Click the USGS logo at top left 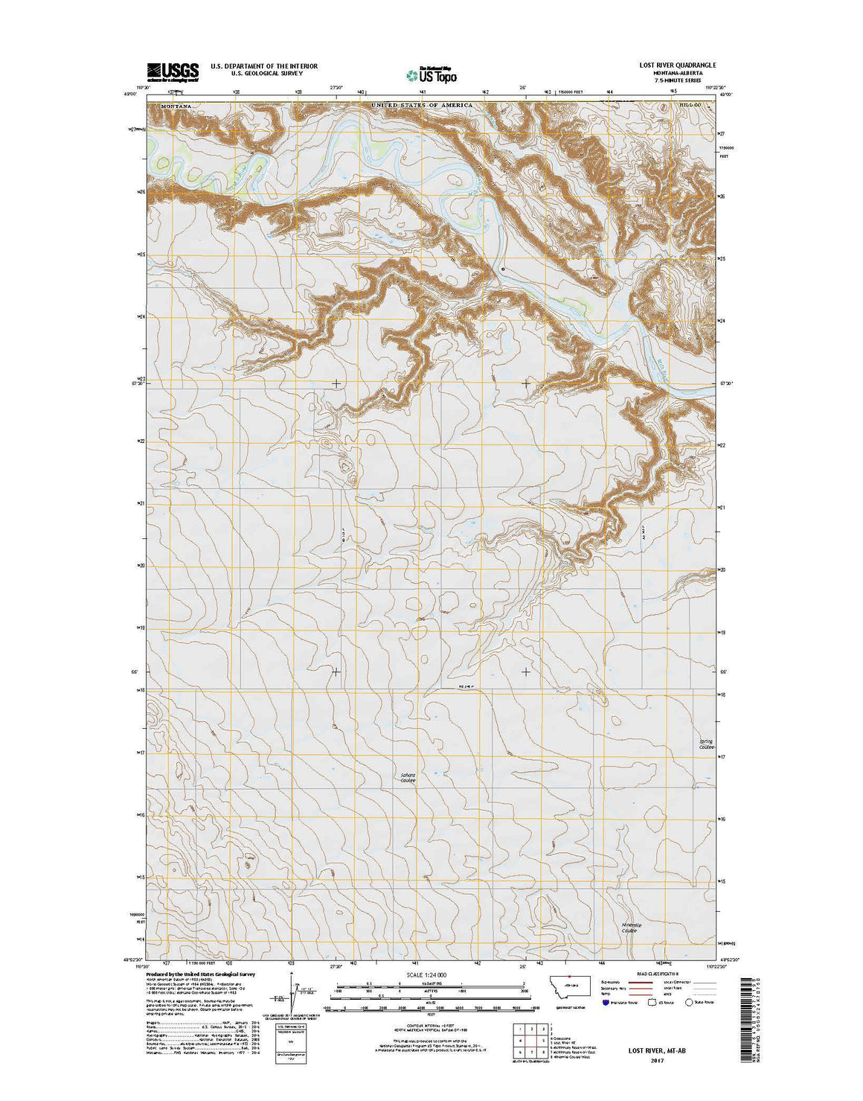173,71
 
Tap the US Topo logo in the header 431,74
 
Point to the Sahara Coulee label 408,777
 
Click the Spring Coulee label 705,744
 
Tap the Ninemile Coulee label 630,928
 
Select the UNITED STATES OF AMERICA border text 422,106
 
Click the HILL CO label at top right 690,106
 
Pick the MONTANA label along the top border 176,106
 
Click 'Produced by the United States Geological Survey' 202,974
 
